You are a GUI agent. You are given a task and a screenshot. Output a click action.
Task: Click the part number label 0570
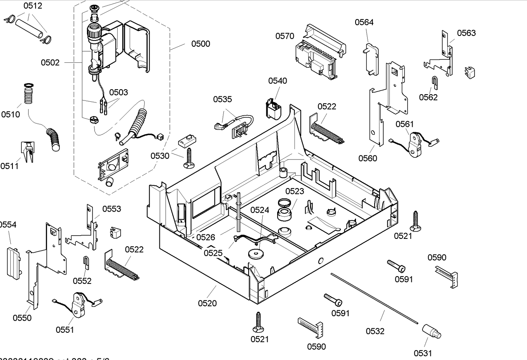point(285,36)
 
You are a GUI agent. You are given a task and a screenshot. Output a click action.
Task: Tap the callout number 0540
point(278,81)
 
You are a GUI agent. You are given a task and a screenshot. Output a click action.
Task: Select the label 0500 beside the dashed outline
point(201,44)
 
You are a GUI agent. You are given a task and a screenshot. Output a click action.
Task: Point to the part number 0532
point(375,331)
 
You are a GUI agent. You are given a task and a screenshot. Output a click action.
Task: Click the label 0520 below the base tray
point(207,303)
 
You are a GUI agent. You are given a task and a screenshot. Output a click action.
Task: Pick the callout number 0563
point(466,33)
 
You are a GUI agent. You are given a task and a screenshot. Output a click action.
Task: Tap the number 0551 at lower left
point(65,329)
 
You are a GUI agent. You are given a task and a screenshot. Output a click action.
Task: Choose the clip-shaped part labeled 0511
point(28,152)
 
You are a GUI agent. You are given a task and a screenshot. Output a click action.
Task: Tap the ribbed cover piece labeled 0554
point(13,261)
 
